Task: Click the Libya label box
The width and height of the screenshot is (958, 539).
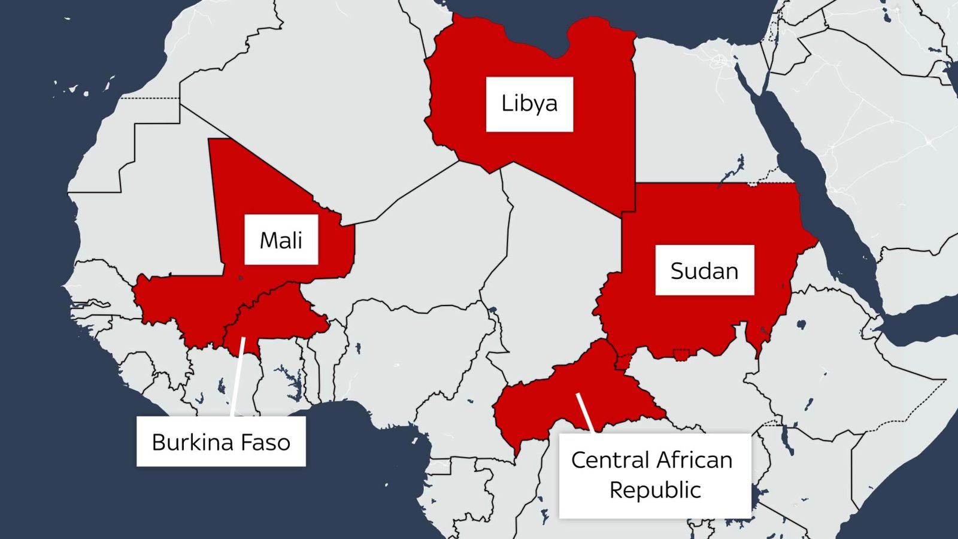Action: pyautogui.click(x=529, y=104)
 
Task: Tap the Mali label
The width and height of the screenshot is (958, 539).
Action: pyautogui.click(x=281, y=240)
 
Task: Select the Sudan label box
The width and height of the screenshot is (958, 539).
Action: pyautogui.click(x=704, y=270)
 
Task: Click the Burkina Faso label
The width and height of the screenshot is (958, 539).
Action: pyautogui.click(x=221, y=442)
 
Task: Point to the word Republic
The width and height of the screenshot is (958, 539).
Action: pyautogui.click(x=655, y=490)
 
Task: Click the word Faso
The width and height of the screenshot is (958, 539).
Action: pyautogui.click(x=265, y=442)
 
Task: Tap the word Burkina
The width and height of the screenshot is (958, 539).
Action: pyautogui.click(x=192, y=442)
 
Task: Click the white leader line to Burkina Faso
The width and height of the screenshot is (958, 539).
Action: pyautogui.click(x=237, y=377)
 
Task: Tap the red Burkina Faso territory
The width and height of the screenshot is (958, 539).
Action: pyautogui.click(x=281, y=314)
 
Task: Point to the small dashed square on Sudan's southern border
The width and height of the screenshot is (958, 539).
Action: pyautogui.click(x=681, y=355)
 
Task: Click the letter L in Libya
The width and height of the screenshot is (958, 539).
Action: pyautogui.click(x=507, y=104)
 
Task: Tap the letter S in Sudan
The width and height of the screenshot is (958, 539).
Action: pyautogui.click(x=677, y=271)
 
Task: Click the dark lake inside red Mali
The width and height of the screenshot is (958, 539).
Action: pyautogui.click(x=241, y=278)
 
